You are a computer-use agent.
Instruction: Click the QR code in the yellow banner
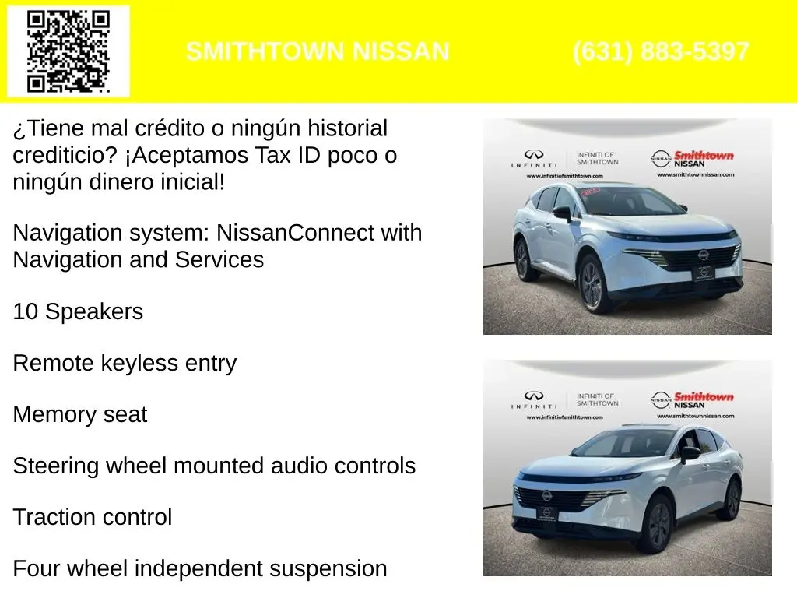point(68,51)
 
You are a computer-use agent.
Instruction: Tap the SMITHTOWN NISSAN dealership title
point(318,51)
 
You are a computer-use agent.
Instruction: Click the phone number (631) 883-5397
point(661,51)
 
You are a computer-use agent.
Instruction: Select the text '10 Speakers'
point(78,311)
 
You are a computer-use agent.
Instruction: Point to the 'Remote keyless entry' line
point(125,363)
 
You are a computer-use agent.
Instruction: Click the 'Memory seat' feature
point(80,414)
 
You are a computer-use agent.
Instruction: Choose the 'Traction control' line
point(93,517)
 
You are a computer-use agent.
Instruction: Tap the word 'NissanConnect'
point(295,233)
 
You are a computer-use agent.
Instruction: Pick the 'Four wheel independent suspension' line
point(200,568)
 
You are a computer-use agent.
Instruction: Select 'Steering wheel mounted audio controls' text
point(214,466)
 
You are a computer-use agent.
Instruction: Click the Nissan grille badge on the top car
point(703,255)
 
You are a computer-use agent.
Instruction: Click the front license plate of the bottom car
point(547,514)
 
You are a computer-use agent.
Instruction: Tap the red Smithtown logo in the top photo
point(704,155)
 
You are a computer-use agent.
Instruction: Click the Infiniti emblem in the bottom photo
point(534,396)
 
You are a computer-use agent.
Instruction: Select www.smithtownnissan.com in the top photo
point(695,174)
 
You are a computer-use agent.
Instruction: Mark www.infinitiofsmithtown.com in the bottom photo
point(565,417)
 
